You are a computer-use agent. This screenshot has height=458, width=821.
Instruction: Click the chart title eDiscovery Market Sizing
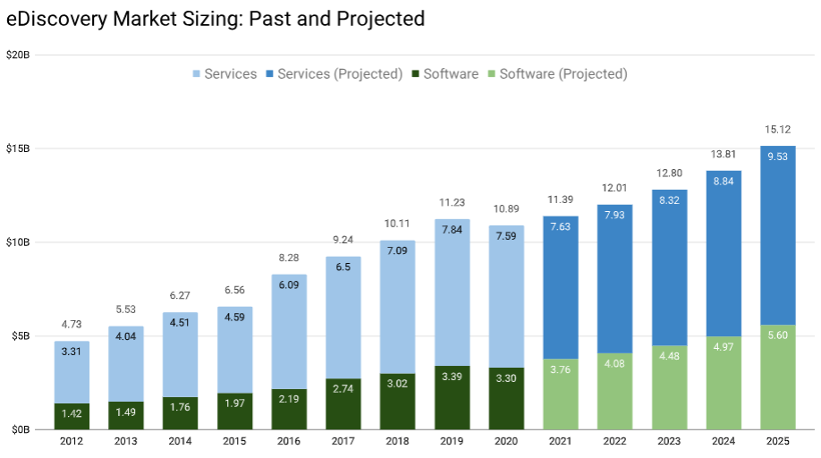[x=216, y=18]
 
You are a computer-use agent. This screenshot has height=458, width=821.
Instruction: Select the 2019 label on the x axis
[x=452, y=441]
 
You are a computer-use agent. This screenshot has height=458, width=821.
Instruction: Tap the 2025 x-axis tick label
[x=777, y=441]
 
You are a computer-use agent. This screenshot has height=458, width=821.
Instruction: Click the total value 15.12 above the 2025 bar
[x=777, y=130]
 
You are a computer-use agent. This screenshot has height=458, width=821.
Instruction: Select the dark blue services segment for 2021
[x=561, y=286]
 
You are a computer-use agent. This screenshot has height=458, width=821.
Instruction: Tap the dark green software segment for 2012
[x=72, y=417]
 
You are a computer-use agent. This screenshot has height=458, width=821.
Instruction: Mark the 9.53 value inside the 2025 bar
[x=777, y=157]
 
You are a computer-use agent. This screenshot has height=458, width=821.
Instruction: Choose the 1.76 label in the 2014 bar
[x=181, y=412]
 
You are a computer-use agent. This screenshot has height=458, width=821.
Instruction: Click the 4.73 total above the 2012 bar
[x=72, y=324]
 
